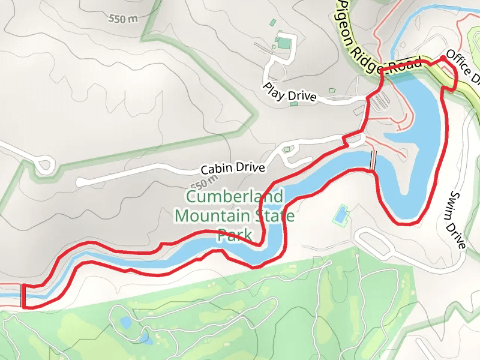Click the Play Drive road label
click(x=289, y=92)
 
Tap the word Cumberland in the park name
click(x=235, y=197)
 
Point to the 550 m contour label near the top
click(x=123, y=19)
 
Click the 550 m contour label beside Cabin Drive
click(x=202, y=182)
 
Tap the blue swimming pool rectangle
click(x=341, y=214)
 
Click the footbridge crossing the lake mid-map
click(x=373, y=160)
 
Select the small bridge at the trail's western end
click(x=23, y=295)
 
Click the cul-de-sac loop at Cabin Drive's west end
click(x=44, y=164)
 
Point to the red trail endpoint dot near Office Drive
click(x=443, y=58)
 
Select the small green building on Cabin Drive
click(x=287, y=149)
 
